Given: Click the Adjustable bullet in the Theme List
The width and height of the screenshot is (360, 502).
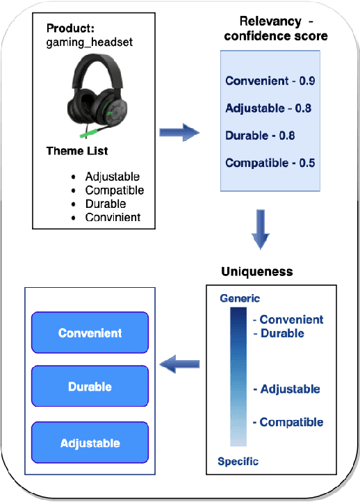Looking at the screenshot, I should click(x=112, y=177).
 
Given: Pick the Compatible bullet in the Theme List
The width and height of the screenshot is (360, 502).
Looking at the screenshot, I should click(x=114, y=190).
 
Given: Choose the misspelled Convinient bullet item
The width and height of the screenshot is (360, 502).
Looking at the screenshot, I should click(x=113, y=217).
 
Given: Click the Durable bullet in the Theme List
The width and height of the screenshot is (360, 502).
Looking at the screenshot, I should click(x=106, y=204).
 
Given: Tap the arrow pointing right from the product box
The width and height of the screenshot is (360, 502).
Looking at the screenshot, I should click(x=179, y=132).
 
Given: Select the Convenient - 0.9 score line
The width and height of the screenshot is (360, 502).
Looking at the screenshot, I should click(x=270, y=81).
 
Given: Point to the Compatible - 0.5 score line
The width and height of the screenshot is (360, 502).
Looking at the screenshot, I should click(x=270, y=163).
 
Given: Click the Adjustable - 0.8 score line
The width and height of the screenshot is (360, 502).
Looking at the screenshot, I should click(x=268, y=108).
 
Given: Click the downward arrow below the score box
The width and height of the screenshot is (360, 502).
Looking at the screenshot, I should click(x=260, y=230).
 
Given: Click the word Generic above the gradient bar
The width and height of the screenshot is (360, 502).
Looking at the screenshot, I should click(x=240, y=298).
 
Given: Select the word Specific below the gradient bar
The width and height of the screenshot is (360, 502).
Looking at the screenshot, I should click(x=238, y=462).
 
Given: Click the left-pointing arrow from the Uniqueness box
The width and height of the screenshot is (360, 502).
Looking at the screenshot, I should click(x=180, y=362).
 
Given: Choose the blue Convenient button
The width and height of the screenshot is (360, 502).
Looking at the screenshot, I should click(x=90, y=333).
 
